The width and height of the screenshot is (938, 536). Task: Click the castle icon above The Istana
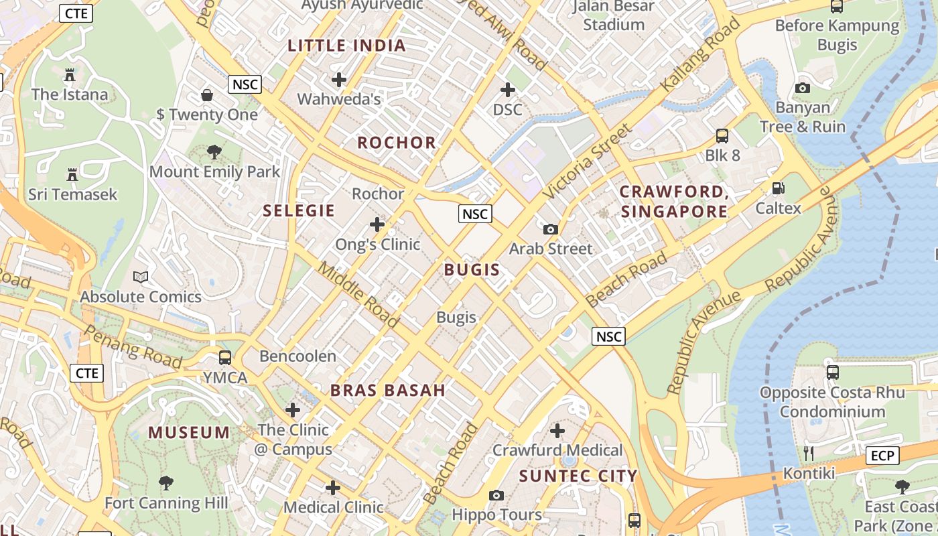point(70,74)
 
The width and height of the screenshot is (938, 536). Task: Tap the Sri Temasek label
point(72,194)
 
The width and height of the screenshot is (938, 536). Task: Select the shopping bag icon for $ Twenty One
point(207,95)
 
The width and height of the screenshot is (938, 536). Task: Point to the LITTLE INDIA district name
point(346,46)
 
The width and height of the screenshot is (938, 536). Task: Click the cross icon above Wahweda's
point(339,80)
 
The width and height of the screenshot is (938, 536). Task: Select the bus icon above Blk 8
point(722,136)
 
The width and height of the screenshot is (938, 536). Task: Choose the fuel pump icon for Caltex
point(778,188)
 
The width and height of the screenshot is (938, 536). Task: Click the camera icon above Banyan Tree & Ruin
point(802,88)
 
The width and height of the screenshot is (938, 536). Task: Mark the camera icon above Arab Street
point(551,229)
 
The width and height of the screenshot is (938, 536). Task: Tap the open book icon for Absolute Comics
point(141,277)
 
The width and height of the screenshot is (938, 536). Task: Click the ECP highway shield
point(882,456)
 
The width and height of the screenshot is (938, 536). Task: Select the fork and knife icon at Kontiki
point(809,454)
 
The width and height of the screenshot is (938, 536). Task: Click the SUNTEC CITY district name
point(578,476)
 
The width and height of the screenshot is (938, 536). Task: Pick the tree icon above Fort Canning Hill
point(166,482)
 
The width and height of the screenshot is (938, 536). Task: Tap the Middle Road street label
point(358,294)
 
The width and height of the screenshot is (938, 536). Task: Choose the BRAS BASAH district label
point(388,391)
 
